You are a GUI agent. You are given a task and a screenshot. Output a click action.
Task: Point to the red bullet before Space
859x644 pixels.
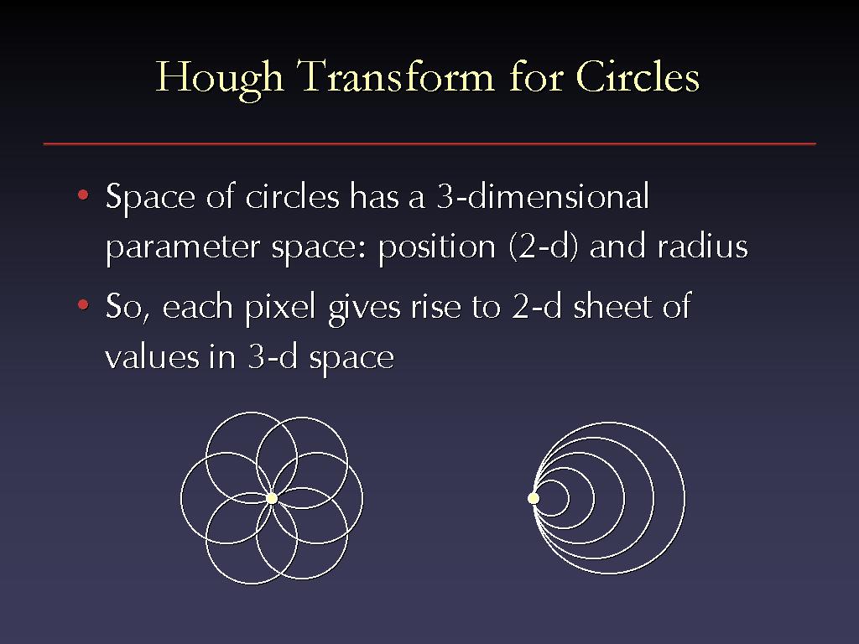[83, 195]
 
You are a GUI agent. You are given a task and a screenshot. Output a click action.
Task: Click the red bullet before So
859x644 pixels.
[83, 304]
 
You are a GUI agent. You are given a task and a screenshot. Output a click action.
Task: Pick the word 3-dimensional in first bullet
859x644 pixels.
[543, 195]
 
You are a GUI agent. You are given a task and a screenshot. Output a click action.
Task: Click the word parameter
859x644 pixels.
[182, 248]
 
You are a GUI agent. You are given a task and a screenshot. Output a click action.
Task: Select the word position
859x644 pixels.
[436, 248]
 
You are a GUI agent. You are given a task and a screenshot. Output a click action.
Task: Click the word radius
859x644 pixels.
[703, 246]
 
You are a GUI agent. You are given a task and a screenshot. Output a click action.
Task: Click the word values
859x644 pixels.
[152, 358]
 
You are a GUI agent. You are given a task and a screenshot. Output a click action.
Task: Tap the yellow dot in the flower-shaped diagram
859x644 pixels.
[272, 498]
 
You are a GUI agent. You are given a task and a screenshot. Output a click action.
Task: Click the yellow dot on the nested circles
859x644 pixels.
[534, 498]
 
